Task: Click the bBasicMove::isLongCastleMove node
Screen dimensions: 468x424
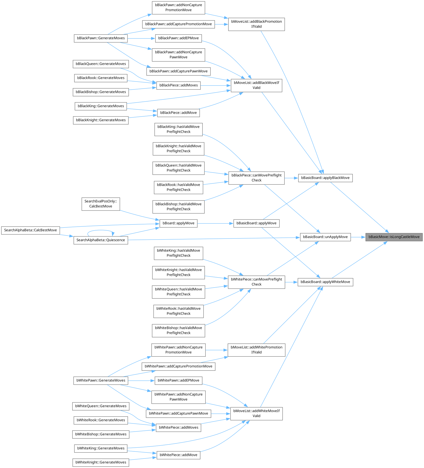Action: pos(394,237)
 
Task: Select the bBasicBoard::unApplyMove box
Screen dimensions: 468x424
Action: pos(325,237)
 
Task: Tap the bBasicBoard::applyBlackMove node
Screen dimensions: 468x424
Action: pos(325,178)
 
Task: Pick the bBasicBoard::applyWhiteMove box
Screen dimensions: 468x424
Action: pos(325,282)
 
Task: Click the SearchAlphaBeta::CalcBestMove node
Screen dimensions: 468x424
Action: pos(30,230)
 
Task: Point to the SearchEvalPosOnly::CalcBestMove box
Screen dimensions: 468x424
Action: pos(101,204)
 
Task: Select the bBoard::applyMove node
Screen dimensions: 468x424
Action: pos(179,223)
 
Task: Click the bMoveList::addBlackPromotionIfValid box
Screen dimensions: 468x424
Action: pos(256,24)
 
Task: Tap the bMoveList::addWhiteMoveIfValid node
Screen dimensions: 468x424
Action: pos(256,413)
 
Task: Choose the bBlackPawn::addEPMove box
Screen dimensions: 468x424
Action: pos(179,38)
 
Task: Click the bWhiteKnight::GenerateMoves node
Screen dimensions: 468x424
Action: pos(101,462)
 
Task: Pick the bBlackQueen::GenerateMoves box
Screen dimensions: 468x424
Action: pos(101,64)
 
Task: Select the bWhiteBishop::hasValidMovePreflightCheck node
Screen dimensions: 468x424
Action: pos(179,330)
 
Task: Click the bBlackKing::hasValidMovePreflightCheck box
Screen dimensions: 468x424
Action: pos(179,129)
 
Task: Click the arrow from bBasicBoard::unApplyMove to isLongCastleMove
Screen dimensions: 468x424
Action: pos(358,237)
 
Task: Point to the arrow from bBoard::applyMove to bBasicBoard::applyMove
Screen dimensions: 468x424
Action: pos(215,223)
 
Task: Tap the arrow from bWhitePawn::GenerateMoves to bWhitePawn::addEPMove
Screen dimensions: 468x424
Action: pos(141,380)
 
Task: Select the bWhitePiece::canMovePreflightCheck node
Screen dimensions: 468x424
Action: pos(256,282)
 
